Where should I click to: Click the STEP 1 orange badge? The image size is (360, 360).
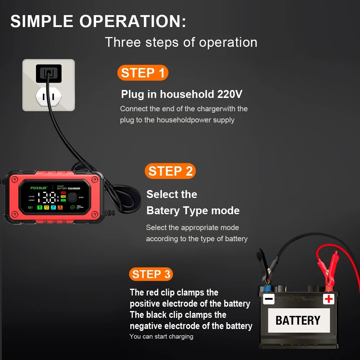pyautogui.click(x=143, y=73)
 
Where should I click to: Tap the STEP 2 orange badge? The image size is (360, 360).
pyautogui.click(x=170, y=171)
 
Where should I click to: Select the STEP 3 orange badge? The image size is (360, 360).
pyautogui.click(x=151, y=274)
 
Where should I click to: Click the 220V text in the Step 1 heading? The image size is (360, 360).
pyautogui.click(x=230, y=94)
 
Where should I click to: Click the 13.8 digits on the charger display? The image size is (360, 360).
pyautogui.click(x=47, y=197)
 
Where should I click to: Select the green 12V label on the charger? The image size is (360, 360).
pyautogui.click(x=30, y=207)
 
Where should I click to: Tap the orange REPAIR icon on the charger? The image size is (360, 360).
pyautogui.click(x=60, y=207)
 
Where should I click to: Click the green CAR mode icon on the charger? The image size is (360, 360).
pyautogui.click(x=40, y=207)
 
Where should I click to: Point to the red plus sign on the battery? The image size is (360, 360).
pyautogui.click(x=328, y=299)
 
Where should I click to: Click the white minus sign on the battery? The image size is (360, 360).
pyautogui.click(x=269, y=299)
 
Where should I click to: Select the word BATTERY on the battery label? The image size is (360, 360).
pyautogui.click(x=297, y=320)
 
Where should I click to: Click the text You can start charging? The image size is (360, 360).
pyautogui.click(x=161, y=336)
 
